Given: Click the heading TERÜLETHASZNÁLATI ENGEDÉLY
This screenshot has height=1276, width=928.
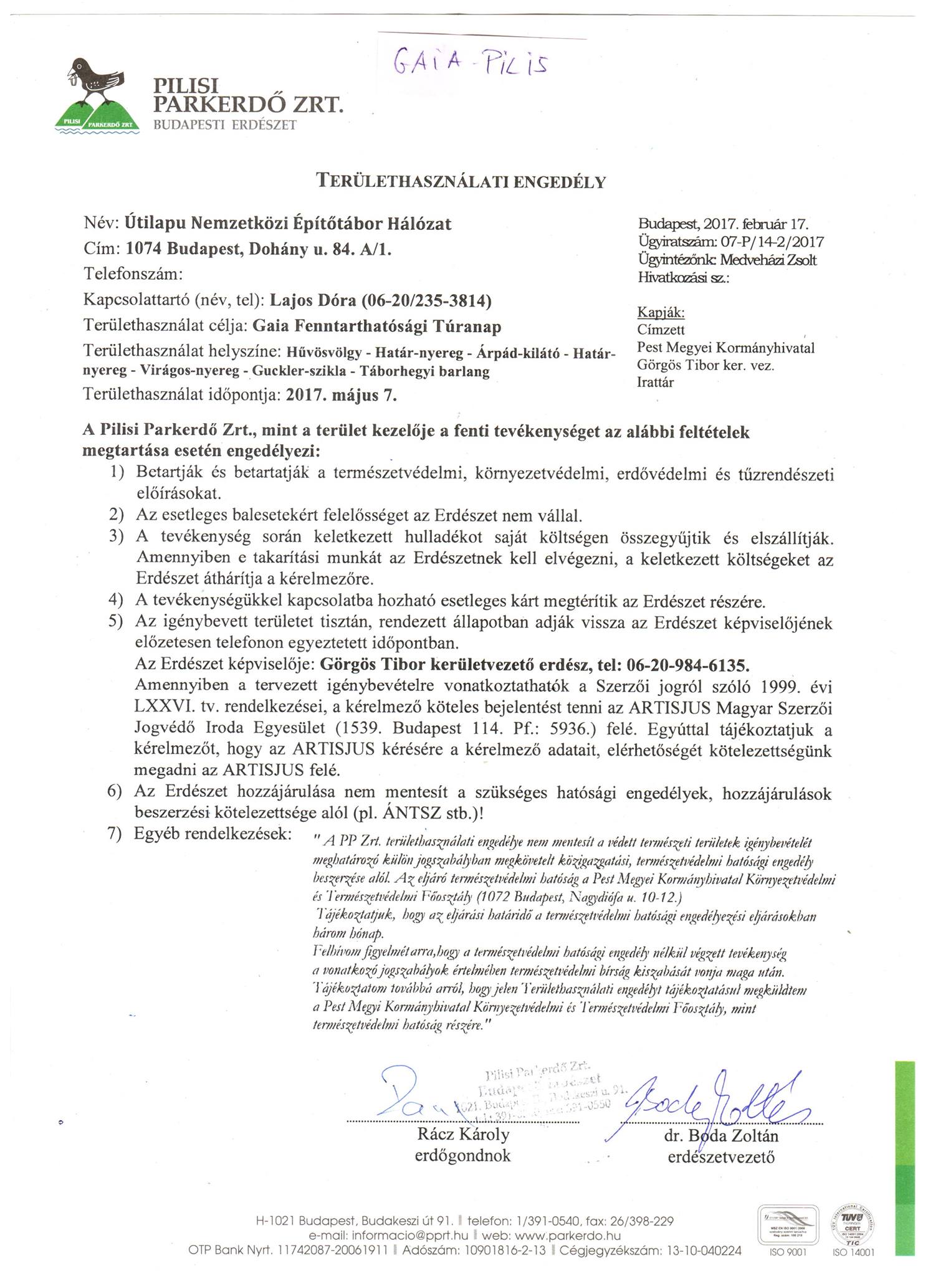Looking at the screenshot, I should click(x=461, y=181).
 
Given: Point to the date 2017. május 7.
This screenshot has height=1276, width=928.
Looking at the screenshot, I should click(x=340, y=395).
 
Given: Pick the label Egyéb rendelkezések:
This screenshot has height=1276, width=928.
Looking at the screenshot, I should click(x=213, y=834).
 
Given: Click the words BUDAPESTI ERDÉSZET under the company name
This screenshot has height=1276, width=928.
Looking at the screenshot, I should click(x=225, y=124).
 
